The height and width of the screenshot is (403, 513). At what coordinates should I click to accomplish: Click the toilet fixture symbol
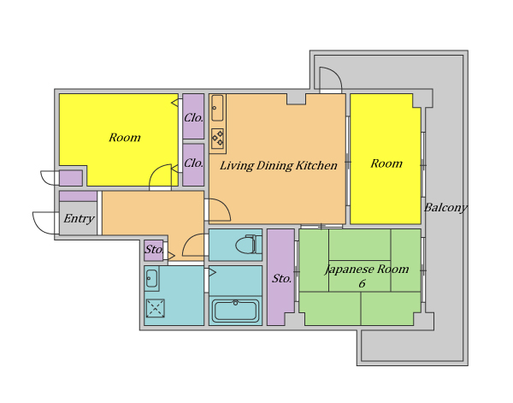[x=249, y=244]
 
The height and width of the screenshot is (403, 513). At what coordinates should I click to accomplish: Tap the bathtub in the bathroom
[x=236, y=311]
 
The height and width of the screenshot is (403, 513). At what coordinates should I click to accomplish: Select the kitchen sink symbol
[x=217, y=108]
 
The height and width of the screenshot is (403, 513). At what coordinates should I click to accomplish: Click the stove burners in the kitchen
[x=217, y=138]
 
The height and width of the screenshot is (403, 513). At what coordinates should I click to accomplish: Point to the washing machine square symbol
[x=156, y=308]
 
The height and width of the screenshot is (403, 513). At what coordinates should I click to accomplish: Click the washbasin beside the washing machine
[x=151, y=279]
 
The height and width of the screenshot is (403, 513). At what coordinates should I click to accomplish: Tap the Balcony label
[x=445, y=208]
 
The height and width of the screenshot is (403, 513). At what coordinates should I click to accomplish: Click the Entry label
[x=79, y=218]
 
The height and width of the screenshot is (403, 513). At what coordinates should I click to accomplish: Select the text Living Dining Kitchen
[x=279, y=166]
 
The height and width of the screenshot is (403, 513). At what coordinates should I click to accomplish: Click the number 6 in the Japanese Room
[x=362, y=283]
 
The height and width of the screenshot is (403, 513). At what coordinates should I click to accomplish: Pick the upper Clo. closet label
[x=193, y=118]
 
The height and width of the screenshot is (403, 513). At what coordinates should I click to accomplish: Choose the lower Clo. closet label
[x=193, y=163]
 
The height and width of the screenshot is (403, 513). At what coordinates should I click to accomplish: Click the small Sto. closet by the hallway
[x=154, y=250]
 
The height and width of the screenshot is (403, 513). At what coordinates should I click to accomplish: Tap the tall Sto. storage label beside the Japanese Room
[x=281, y=279]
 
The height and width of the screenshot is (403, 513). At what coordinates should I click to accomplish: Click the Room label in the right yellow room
[x=386, y=163]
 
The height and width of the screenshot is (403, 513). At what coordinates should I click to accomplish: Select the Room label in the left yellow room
[x=125, y=138]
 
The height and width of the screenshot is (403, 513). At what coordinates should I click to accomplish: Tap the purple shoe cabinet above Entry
[x=78, y=197]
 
